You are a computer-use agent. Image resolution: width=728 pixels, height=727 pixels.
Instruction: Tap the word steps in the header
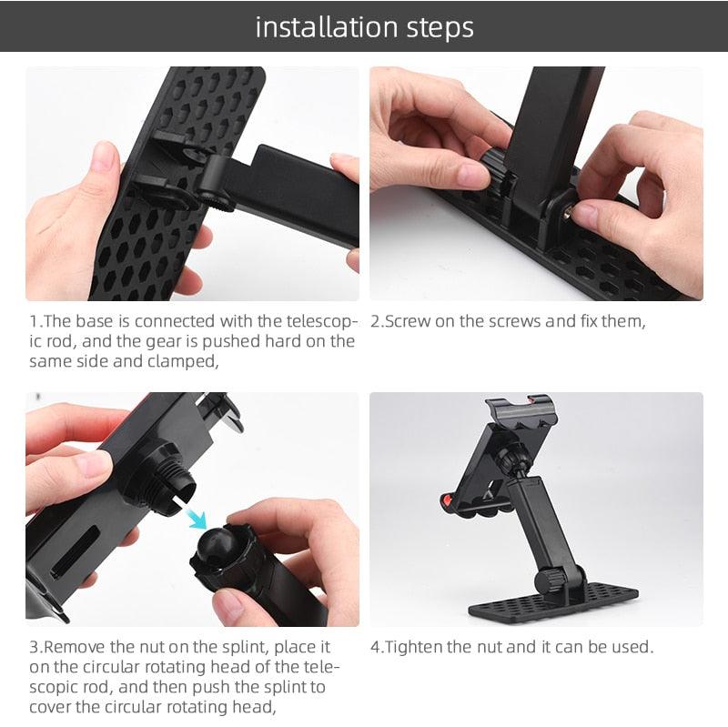click(x=435, y=27)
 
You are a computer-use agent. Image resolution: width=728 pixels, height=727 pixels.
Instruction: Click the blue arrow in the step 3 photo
click(x=196, y=520)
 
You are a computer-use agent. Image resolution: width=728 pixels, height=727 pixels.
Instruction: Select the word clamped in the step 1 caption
click(x=187, y=361)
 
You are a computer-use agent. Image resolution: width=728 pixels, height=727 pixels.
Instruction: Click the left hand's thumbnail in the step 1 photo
click(x=104, y=156)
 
